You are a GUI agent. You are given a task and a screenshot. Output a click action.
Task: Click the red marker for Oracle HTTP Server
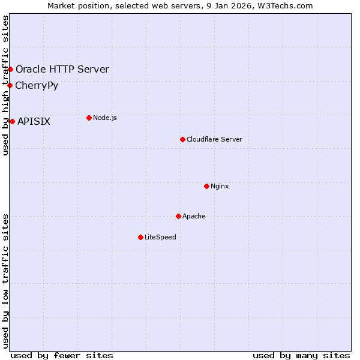(10, 69)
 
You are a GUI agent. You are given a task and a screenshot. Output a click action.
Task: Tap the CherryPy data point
(10, 85)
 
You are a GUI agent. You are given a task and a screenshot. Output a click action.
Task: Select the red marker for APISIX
(12, 121)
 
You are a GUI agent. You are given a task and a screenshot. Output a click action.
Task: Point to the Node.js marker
(89, 118)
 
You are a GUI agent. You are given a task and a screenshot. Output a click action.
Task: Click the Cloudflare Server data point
(182, 139)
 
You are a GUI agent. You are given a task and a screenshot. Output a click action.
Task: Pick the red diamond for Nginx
(206, 186)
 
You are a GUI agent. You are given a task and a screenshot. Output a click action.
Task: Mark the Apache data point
(178, 216)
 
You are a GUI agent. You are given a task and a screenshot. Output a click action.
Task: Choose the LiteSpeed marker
(140, 237)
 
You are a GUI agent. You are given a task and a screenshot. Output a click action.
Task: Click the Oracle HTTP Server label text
(62, 69)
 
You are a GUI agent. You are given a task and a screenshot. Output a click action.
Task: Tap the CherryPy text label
(37, 85)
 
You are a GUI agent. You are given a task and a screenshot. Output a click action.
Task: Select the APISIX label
(34, 121)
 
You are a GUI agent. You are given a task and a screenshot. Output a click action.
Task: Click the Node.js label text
(105, 118)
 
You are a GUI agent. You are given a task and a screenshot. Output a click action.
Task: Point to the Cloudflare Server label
(214, 139)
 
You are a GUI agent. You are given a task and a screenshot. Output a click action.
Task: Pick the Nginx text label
(220, 186)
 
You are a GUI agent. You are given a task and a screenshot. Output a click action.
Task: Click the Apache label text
(194, 216)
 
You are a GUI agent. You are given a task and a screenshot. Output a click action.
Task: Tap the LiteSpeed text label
(160, 237)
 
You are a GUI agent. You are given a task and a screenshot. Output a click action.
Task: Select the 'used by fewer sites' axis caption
(62, 355)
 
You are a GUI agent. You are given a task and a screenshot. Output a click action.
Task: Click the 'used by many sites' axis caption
(301, 355)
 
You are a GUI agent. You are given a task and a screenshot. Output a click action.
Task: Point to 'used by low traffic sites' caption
(5, 280)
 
